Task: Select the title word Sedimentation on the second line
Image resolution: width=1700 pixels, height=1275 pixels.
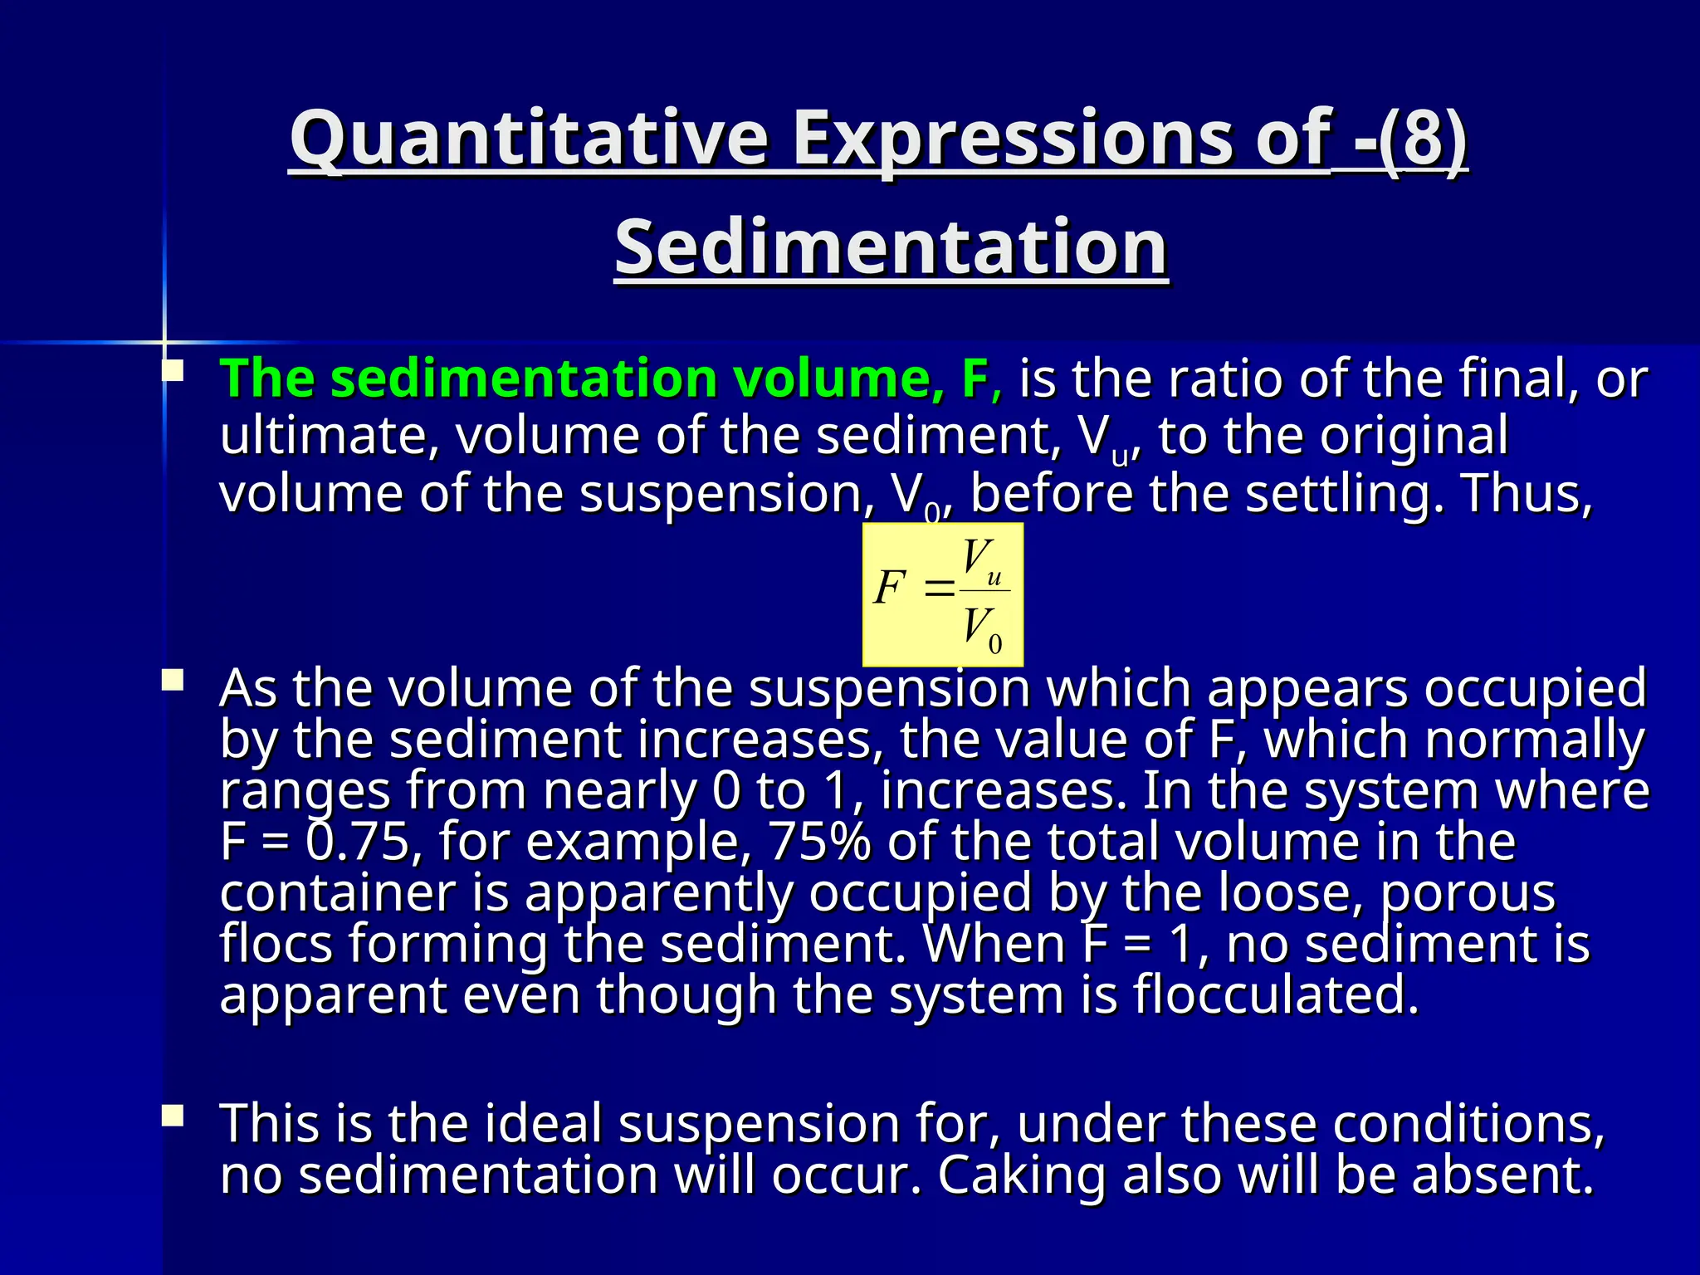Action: coord(891,247)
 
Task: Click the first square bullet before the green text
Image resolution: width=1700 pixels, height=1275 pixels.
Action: coord(173,370)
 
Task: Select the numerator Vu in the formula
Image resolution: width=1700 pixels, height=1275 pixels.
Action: coord(981,561)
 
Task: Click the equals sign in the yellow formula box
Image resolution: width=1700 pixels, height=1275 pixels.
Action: coord(939,589)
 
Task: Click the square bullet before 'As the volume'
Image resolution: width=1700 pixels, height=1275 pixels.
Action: coord(173,681)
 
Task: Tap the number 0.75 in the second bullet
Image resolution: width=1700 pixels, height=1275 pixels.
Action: coord(359,841)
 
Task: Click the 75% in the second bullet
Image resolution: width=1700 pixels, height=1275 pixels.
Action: coord(820,841)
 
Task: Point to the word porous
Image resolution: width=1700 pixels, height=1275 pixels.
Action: coord(1467,893)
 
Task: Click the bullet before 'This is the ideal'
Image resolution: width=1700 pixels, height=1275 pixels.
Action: coord(173,1116)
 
